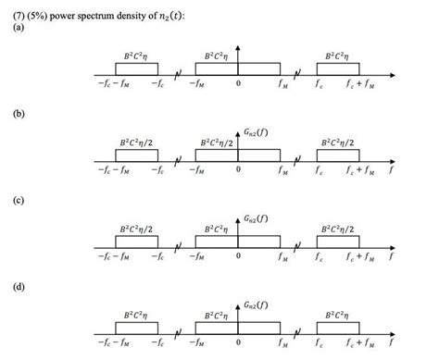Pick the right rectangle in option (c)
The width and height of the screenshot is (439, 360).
[x=340, y=242]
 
